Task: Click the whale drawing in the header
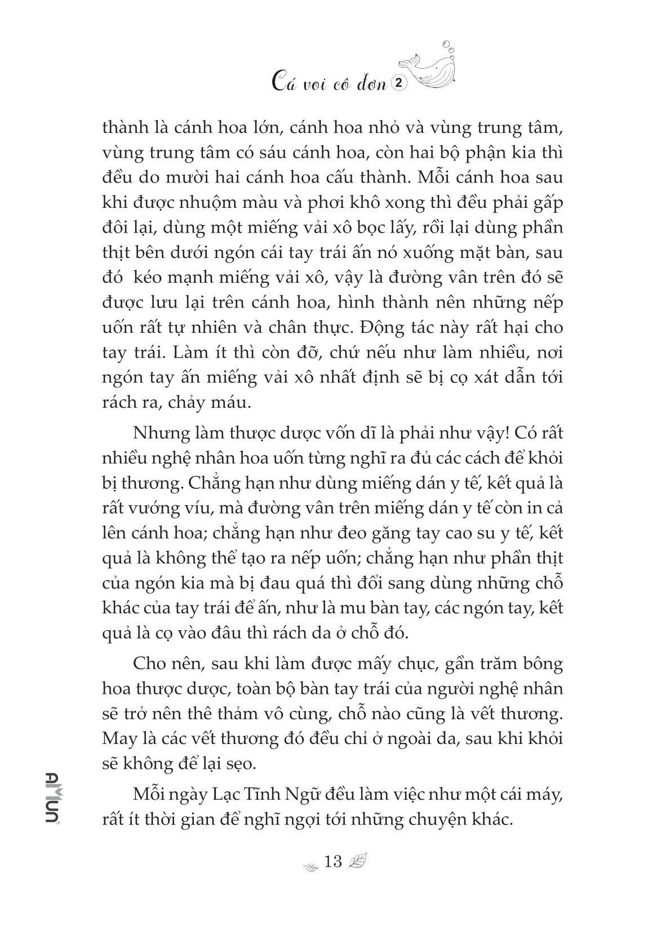click(x=432, y=61)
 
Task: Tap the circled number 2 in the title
click(x=399, y=83)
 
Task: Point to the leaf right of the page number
click(x=357, y=861)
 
